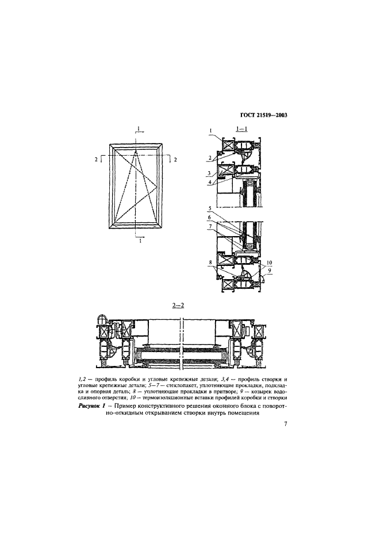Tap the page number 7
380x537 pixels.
pyautogui.click(x=285, y=424)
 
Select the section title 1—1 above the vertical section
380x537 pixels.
pyautogui.click(x=242, y=129)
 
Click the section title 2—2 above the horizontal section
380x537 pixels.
pyautogui.click(x=178, y=305)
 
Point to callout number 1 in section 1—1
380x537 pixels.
pyautogui.click(x=211, y=130)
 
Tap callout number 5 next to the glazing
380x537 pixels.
pyautogui.click(x=210, y=207)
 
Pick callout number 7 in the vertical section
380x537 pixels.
pyautogui.click(x=210, y=226)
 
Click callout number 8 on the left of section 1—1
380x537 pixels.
pyautogui.click(x=210, y=262)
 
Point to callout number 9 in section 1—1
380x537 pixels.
pyautogui.click(x=270, y=270)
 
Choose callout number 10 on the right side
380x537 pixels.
pyautogui.click(x=269, y=262)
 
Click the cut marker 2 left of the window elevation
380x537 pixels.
pyautogui.click(x=97, y=159)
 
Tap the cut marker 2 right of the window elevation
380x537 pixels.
pyautogui.click(x=175, y=159)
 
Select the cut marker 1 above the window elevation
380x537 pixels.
pyautogui.click(x=139, y=128)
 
